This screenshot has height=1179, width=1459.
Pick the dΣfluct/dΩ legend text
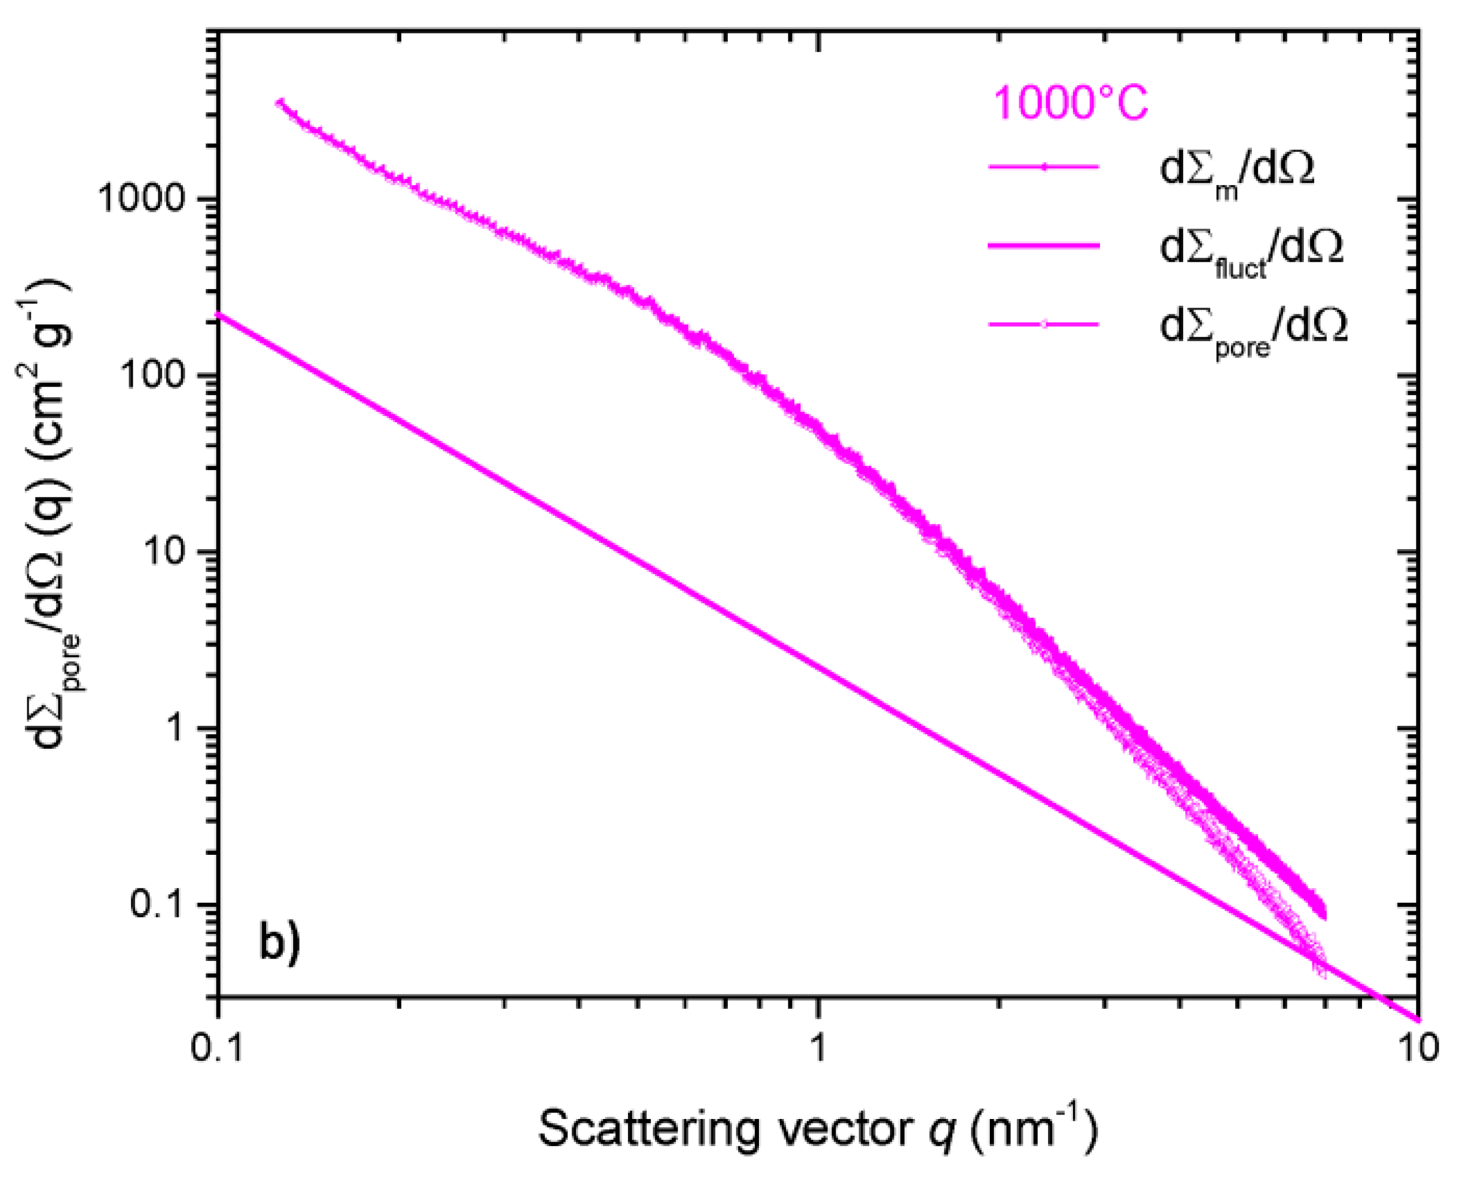coord(1251,249)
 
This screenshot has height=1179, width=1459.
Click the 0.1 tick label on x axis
coord(217,1048)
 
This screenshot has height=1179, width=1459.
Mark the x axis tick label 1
coord(818,1048)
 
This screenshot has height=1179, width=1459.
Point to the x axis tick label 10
coord(1417,1048)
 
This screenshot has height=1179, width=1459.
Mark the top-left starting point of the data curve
coord(279,103)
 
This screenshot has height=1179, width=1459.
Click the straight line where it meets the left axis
coord(219,314)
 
